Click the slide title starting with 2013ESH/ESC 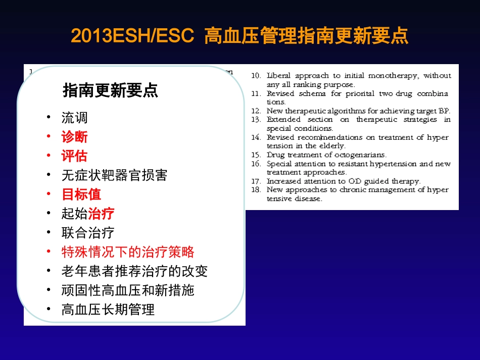point(239,36)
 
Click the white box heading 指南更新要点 point(110,90)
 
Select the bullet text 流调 point(75,118)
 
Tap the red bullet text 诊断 point(74,137)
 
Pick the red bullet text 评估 point(74,156)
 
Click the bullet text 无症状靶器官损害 point(114,175)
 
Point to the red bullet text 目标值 point(81,194)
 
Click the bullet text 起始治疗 point(88,214)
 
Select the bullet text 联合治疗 point(88,233)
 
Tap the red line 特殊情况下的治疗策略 point(128,252)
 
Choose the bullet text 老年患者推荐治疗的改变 point(134,271)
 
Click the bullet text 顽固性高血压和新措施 point(128,290)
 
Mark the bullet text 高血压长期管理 point(108,310)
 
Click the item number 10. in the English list point(256,76)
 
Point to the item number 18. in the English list point(256,190)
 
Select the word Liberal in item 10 point(278,76)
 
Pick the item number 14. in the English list point(256,137)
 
